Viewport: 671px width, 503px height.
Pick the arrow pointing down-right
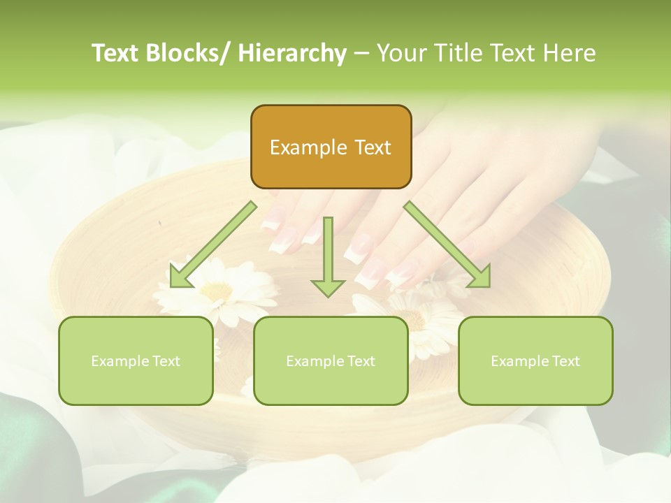coord(447,245)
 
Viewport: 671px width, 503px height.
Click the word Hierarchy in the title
coord(291,53)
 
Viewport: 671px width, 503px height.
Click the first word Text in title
coord(113,53)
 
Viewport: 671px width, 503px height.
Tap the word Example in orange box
coord(298,147)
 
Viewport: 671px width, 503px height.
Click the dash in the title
coord(361,54)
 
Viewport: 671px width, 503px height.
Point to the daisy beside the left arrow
coord(217,286)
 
